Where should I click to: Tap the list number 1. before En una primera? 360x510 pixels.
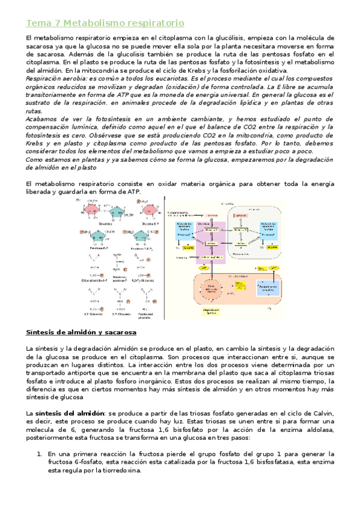click(40, 453)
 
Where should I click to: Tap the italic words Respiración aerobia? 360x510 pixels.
click(55, 78)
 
